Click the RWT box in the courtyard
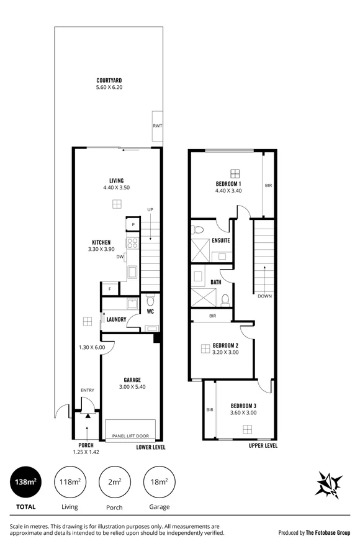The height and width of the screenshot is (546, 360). pos(158,126)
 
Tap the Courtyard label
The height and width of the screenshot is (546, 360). pos(109,80)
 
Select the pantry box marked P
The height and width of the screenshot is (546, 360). pos(133,225)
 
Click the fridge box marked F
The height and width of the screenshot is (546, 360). pos(110,289)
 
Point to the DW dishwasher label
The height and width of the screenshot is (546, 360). pos(120,257)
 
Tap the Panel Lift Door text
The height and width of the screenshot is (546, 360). pos(130,436)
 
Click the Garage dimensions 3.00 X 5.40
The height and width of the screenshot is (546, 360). pos(132,386)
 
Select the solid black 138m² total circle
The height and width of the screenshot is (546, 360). pos(25,482)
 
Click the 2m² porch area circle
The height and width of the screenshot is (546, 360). pos(114,482)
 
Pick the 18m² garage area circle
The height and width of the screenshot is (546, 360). pos(160,482)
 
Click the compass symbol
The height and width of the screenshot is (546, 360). pos(328,484)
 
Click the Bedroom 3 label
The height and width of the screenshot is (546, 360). pos(243,406)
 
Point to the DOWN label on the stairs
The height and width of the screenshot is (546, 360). pos(264,296)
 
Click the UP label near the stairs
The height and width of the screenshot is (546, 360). pos(150,209)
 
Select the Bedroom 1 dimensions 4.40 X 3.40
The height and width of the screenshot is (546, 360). pos(228,191)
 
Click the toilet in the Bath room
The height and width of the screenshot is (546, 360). pos(225,300)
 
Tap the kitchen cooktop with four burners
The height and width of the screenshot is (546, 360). pos(133,243)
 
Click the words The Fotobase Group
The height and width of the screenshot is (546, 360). pos(328,532)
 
